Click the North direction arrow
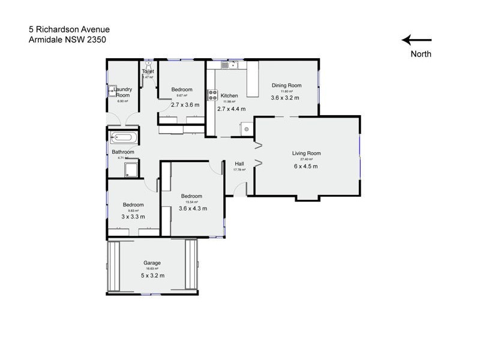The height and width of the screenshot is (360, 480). pos(416,40)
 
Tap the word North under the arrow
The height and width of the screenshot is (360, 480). pos(421,54)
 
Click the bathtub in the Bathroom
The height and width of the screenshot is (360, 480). pos(125,137)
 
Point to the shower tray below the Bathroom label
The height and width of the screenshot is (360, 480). pos(131,169)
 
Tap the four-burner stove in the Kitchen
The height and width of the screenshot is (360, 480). pos(212,95)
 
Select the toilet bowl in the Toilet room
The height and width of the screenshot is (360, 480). pos(147,63)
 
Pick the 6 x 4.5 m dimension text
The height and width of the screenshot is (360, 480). pos(306,166)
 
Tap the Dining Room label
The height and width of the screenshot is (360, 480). pos(286,85)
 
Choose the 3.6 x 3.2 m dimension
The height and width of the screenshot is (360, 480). pos(285,98)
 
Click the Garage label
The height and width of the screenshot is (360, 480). pos(152,263)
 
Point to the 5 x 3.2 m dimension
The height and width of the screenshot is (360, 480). pos(152,275)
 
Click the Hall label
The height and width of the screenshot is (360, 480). pos(239,163)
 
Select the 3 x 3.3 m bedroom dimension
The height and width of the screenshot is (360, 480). pos(133,217)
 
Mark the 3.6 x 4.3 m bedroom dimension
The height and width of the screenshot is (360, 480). pos(193,209)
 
